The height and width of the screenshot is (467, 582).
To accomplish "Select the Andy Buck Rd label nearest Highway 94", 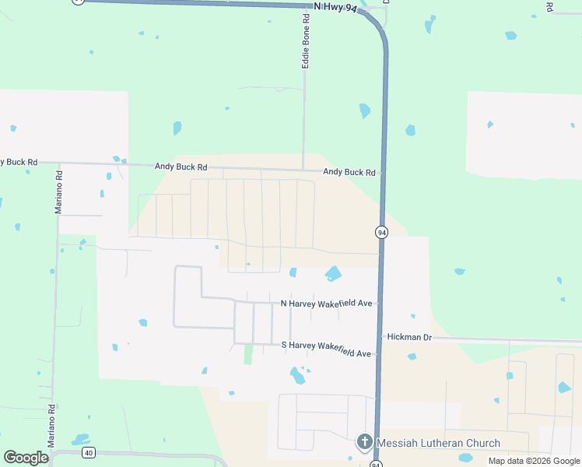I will click(349, 172).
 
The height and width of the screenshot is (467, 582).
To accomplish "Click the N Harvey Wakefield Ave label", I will click(326, 303).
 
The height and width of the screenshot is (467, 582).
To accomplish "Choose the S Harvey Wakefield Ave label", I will click(326, 353).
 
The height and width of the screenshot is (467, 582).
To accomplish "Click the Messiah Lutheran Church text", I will click(438, 444).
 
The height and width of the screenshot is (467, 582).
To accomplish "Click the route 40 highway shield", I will click(89, 452).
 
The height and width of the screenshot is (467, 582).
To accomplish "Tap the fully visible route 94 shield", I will click(381, 233).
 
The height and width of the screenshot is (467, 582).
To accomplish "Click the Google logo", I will click(26, 458).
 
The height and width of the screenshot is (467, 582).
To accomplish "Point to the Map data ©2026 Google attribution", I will click(533, 461).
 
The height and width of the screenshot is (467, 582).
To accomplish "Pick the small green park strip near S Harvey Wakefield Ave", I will click(248, 354).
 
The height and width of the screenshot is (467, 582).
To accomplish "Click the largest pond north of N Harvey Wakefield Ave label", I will click(333, 273).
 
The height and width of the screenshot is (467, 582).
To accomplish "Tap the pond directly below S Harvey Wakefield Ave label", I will click(297, 376).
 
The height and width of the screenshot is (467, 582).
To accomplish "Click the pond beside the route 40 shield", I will click(80, 439).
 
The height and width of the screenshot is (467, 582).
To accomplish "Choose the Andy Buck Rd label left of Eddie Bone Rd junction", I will click(181, 167).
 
